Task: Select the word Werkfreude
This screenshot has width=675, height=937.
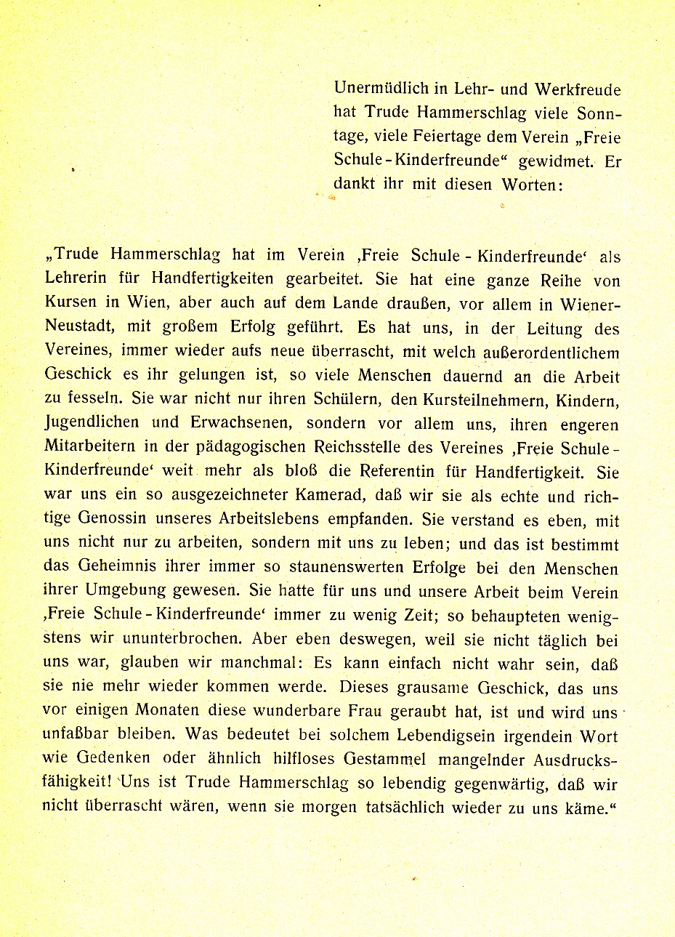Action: (578, 89)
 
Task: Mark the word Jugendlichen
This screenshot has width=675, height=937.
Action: (92, 424)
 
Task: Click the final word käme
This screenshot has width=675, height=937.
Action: (587, 808)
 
